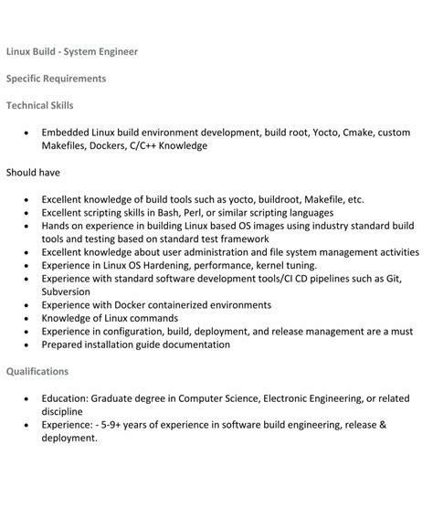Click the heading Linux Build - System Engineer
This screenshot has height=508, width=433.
coord(72,52)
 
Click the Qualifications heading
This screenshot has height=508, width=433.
coord(37,372)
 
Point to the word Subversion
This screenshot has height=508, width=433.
coord(70,291)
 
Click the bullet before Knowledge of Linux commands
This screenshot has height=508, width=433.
coord(28,318)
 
